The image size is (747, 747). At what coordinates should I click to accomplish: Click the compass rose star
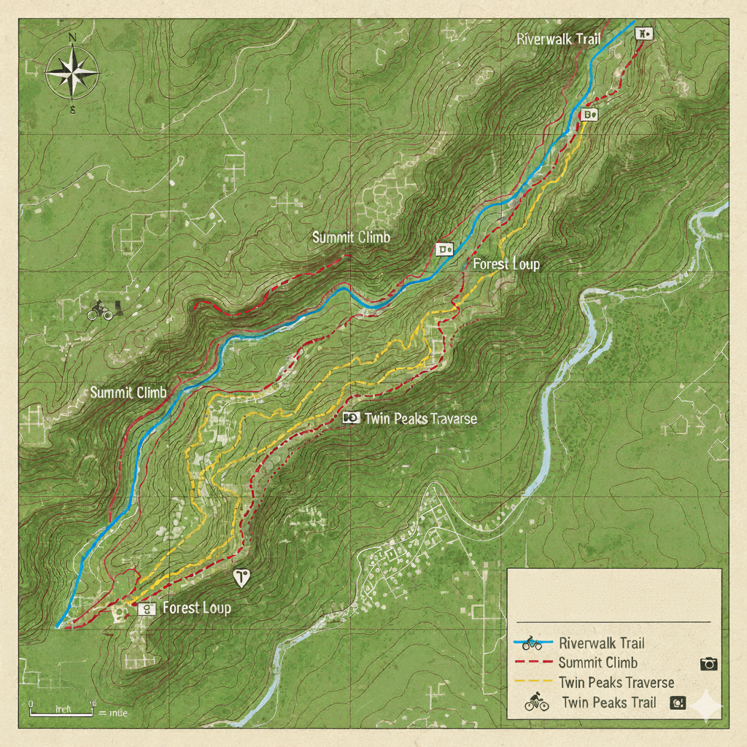point(72,72)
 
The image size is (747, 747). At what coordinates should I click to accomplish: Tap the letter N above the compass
point(71,37)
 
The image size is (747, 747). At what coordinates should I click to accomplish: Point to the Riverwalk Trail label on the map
point(558,39)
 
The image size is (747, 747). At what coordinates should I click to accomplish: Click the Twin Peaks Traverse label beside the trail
point(420,418)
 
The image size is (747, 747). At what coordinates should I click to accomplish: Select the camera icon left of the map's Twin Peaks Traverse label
point(351,417)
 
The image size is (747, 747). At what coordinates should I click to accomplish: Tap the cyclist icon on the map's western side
point(100,311)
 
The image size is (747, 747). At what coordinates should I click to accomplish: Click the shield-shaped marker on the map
point(241,577)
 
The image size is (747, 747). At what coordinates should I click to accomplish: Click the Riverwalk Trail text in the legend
point(602,643)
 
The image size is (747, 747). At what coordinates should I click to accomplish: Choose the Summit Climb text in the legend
point(597,662)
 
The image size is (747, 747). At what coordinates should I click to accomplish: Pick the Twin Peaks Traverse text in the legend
point(616,683)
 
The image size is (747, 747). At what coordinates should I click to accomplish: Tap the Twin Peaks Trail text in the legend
point(609,703)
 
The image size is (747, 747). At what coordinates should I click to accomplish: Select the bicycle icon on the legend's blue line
point(533,644)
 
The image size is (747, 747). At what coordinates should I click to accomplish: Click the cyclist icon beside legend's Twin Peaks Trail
point(537,703)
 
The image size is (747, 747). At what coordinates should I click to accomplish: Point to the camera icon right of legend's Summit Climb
point(708,663)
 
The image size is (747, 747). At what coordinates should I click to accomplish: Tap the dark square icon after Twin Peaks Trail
point(678,703)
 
